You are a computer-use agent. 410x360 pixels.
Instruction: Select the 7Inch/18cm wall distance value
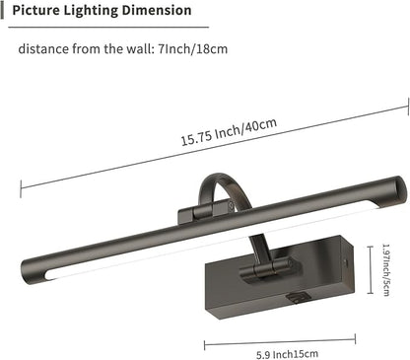202,46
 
